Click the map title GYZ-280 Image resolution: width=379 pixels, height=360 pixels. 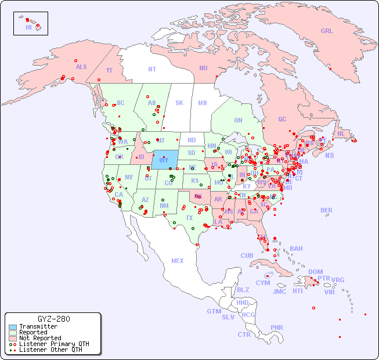53,319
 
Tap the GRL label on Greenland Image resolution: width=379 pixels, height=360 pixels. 327,31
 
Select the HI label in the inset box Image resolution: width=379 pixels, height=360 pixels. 28,27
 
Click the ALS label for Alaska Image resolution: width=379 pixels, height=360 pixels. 81,67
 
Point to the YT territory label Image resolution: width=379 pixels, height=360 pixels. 109,70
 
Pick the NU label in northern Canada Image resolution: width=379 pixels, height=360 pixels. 203,68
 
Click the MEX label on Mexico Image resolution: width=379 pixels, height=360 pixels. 178,261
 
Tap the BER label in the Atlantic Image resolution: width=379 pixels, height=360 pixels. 327,210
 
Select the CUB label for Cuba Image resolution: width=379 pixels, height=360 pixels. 247,255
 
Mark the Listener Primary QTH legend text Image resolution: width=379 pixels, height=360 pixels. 54,344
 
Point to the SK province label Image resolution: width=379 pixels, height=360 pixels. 179,103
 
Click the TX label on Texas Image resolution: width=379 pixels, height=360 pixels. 189,218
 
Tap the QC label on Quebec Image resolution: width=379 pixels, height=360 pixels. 282,119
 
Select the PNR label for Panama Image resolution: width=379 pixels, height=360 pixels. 277,327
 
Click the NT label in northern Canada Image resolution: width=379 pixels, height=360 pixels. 151,69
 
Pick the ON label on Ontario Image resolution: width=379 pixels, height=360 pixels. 238,120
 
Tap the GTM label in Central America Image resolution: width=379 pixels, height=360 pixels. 214,311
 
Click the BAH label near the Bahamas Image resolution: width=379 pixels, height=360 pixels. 296,249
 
